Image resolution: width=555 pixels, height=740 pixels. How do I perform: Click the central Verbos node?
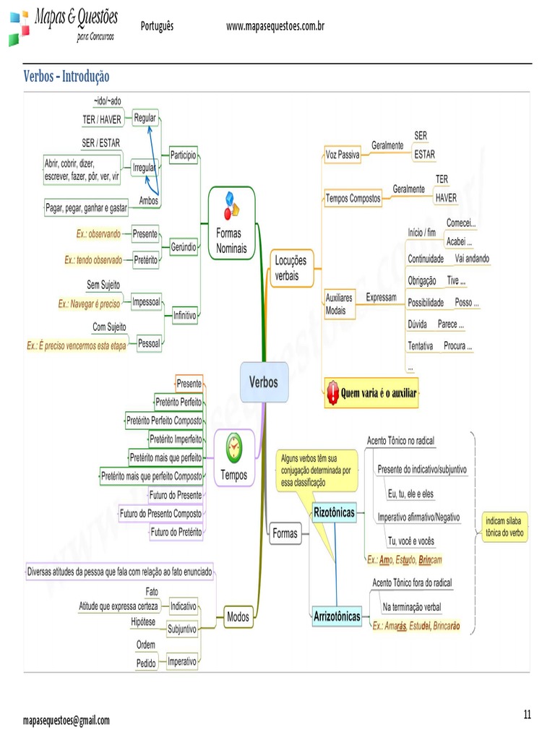pos(263,383)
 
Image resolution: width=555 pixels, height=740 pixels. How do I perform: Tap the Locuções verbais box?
pos(291,268)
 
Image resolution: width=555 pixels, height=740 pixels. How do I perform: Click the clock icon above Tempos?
pos(234,448)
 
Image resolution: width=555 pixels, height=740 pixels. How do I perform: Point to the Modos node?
pos(238,616)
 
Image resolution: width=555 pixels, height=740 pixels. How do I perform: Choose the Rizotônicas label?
pos(334,512)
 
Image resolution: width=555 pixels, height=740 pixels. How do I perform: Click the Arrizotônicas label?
pos(337,616)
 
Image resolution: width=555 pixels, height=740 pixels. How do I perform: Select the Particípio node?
pos(183,155)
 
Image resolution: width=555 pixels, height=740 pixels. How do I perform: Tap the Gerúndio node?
pos(184,246)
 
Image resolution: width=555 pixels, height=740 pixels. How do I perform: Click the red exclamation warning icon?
pos(332,393)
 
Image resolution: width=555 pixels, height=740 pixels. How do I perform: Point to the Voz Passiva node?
pos(343,155)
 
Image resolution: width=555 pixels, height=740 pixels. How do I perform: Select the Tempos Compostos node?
pos(353,198)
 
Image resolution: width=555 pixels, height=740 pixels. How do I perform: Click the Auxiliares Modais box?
pos(340,304)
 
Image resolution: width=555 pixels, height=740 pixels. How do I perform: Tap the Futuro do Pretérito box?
pos(176,532)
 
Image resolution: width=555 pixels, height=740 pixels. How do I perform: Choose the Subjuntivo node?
pos(181,629)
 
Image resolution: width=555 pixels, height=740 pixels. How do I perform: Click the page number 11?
pos(527,715)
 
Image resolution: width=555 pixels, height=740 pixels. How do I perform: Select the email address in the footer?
pos(66,720)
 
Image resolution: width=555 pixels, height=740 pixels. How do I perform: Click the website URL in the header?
pos(275,27)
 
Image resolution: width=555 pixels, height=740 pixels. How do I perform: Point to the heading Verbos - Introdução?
pos(66,76)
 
